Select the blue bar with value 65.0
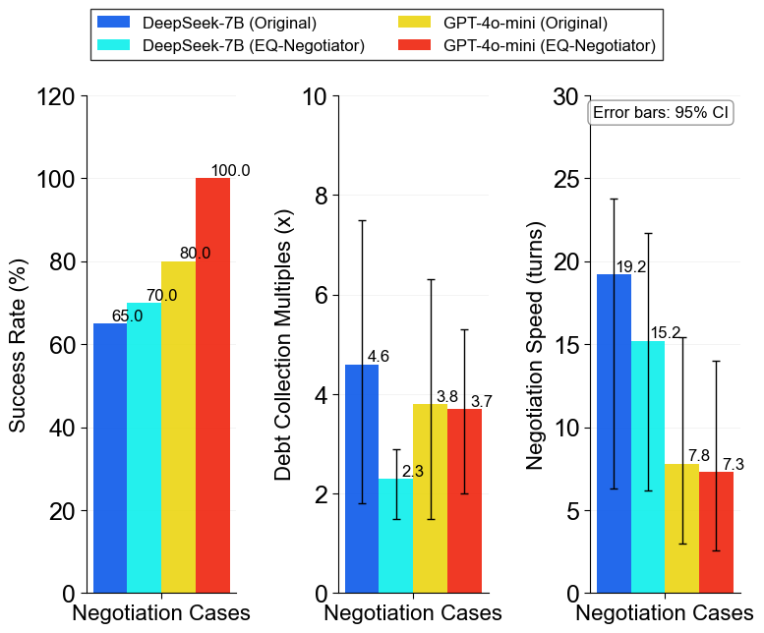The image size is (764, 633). tap(110, 458)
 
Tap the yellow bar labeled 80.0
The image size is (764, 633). tap(178, 427)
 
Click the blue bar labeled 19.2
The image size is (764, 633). tap(614, 433)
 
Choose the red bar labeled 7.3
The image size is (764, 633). tap(716, 532)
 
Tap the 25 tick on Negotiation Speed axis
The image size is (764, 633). tap(564, 179)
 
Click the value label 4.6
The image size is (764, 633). tap(378, 357)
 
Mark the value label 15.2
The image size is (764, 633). tap(664, 333)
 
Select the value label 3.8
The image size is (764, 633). tap(446, 396)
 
